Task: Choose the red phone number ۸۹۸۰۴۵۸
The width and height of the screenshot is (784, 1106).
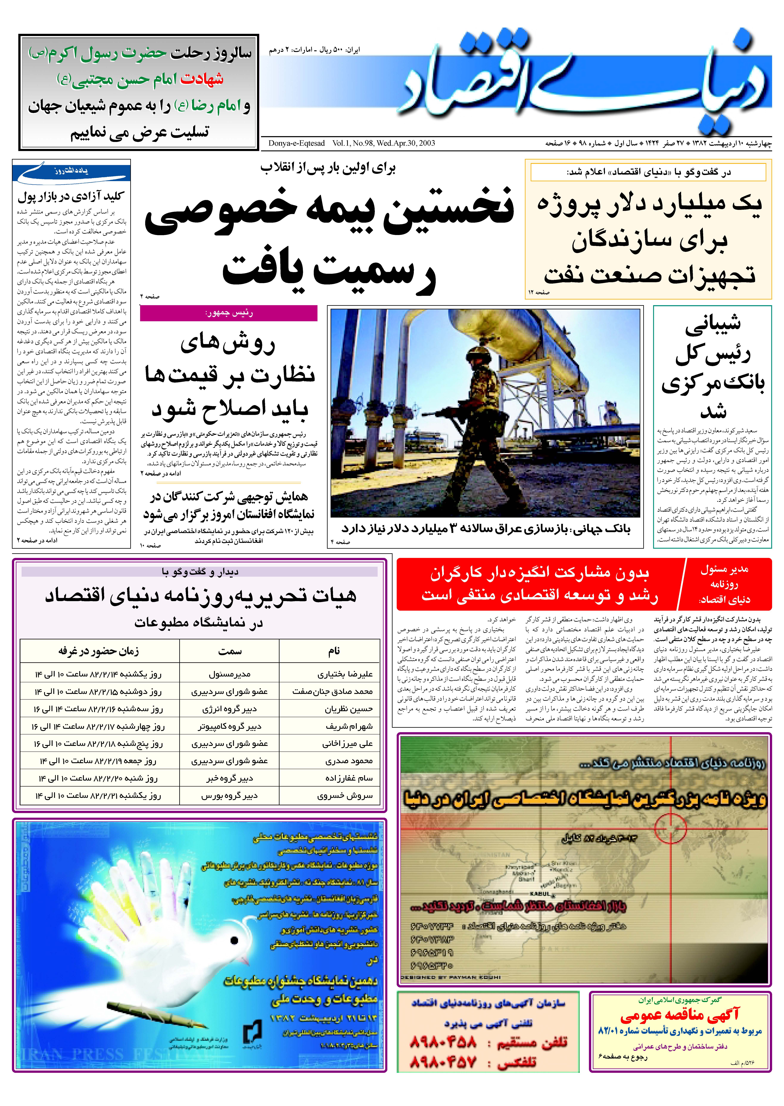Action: [443, 1043]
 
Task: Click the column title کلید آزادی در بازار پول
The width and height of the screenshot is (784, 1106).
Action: [71, 196]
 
